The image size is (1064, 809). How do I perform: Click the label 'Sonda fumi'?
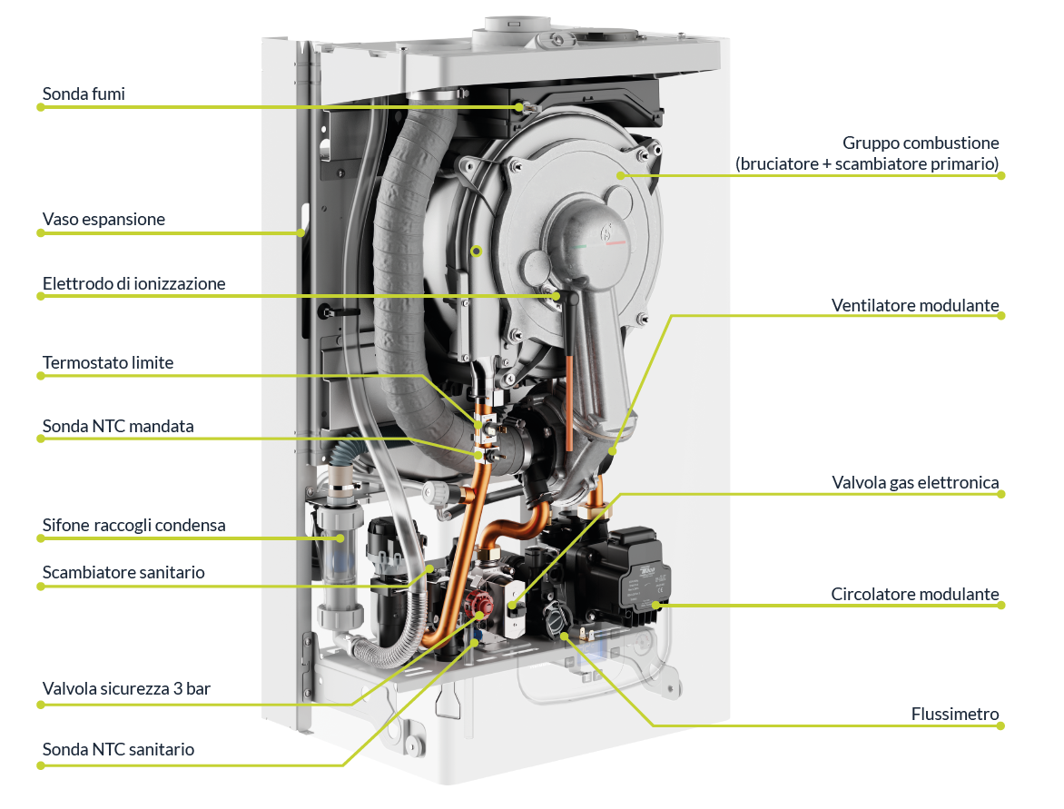[84, 94]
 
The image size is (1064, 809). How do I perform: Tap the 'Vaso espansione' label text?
[103, 220]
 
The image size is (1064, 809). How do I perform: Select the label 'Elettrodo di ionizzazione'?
[133, 283]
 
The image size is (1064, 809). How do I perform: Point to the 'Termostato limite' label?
[107, 363]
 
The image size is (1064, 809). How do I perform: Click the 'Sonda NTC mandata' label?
[118, 426]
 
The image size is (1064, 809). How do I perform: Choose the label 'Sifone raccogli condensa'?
[133, 526]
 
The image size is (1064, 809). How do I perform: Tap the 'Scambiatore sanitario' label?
[123, 573]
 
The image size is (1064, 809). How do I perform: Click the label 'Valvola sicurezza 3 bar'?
[126, 689]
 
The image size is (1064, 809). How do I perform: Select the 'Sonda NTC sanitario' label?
[118, 750]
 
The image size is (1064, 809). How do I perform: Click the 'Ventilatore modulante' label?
[915, 305]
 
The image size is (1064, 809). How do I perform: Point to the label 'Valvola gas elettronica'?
[915, 482]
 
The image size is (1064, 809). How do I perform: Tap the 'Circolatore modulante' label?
[915, 595]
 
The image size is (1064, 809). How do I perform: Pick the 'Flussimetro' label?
[955, 715]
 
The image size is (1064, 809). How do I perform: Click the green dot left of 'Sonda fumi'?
[40, 107]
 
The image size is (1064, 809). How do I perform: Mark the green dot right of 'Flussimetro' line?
[1001, 725]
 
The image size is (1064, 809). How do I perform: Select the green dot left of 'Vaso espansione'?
[40, 233]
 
